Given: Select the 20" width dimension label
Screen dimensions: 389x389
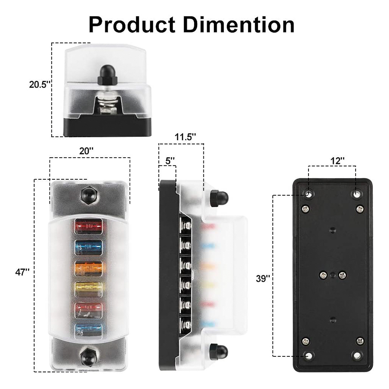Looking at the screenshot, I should point(86,151).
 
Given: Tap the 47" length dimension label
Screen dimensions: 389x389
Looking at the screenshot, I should point(23,272).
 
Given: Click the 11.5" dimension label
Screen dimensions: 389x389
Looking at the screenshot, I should point(185,137).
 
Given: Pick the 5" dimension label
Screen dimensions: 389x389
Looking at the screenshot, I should point(170,160).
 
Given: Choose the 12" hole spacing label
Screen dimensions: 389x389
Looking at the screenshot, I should point(338,160).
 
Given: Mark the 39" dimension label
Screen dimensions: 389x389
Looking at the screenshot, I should point(263,279).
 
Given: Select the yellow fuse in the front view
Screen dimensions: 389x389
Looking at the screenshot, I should point(88,288).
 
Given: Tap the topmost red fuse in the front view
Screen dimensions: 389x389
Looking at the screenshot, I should point(88,226).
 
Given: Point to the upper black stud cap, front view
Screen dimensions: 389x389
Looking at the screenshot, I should point(88,194).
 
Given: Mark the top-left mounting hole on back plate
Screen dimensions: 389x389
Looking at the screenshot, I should point(309,193).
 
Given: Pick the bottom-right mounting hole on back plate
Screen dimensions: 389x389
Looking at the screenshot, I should point(356,355).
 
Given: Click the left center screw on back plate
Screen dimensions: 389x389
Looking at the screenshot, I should point(322,275).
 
